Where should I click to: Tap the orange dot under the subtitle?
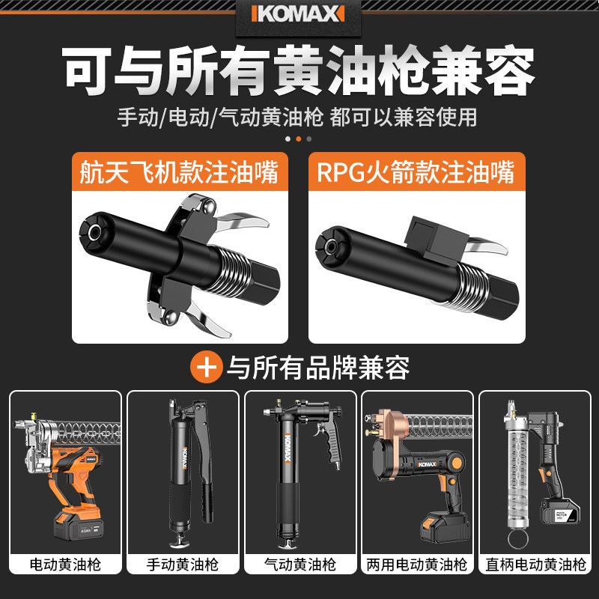point(299,139)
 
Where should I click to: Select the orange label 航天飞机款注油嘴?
point(179,173)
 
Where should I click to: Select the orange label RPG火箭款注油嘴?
point(416,173)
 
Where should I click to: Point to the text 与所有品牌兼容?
point(318,368)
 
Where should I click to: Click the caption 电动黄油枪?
point(65,564)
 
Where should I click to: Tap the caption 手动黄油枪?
point(183,564)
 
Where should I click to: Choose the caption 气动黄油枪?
point(300,564)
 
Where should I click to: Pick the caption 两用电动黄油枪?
point(417,564)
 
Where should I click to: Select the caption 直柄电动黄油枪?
point(534,564)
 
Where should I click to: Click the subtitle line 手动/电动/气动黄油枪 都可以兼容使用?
point(299,117)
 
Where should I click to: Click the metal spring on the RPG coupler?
point(465,288)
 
